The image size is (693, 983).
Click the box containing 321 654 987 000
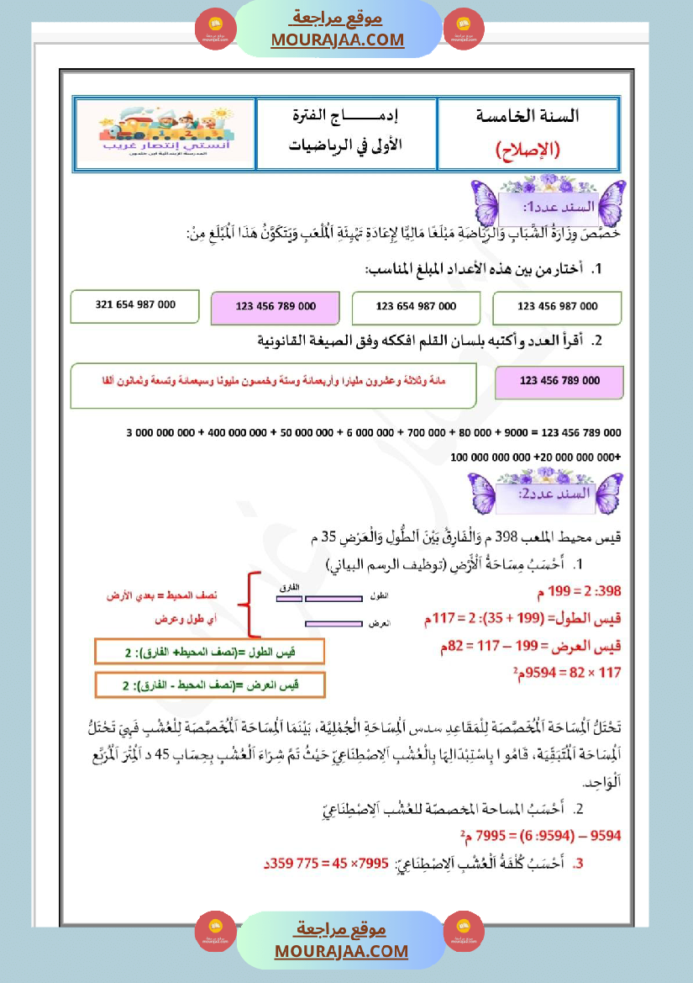coord(134,306)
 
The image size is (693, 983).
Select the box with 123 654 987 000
coord(416,308)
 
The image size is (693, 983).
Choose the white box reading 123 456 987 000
coord(557,308)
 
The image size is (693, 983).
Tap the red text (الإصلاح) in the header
coord(528,151)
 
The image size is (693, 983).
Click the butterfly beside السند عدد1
coord(486,203)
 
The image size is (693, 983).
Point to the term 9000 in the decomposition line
coord(516,433)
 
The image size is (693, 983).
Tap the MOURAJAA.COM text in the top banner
coord(338,40)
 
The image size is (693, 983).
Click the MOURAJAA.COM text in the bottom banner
coord(341,951)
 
